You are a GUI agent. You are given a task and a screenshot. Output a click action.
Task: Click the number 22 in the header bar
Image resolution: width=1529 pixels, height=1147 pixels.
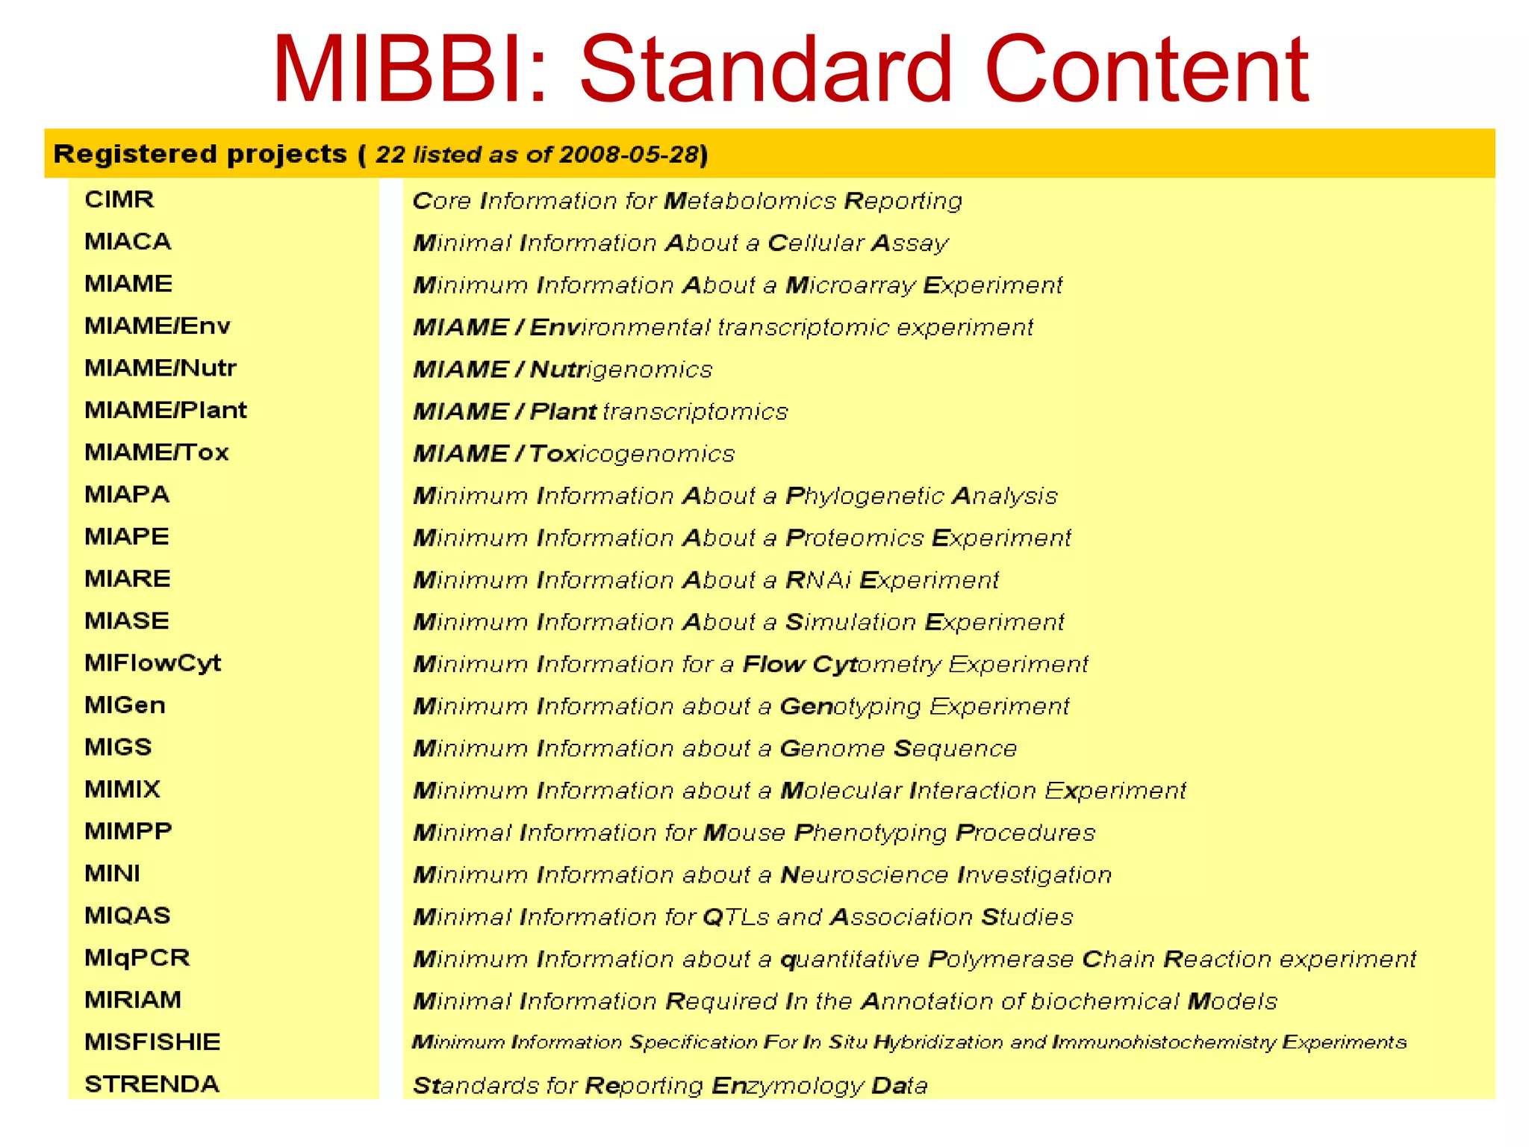pyautogui.click(x=390, y=155)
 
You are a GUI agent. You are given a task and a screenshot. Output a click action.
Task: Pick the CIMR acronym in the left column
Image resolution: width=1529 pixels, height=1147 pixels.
pyautogui.click(x=119, y=199)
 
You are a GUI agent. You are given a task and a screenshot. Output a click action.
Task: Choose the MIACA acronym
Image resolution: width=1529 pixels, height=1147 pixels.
pyautogui.click(x=128, y=241)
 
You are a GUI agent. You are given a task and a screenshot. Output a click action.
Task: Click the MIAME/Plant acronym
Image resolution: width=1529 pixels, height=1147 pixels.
pyautogui.click(x=165, y=410)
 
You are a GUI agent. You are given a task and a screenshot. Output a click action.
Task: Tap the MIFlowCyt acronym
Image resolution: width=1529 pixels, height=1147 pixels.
pyautogui.click(x=152, y=663)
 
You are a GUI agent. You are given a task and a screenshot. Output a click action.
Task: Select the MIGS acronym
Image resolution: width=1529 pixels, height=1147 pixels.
pyautogui.click(x=118, y=747)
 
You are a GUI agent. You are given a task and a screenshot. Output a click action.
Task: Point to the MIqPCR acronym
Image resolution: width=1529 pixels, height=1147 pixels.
pyautogui.click(x=137, y=957)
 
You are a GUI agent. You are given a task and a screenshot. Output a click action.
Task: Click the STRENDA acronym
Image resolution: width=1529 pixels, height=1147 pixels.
pyautogui.click(x=152, y=1084)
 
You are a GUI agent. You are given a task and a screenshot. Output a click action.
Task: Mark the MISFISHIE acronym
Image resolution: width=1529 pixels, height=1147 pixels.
pyautogui.click(x=152, y=1042)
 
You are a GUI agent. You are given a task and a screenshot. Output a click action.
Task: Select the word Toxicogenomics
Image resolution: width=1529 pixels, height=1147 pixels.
pyautogui.click(x=632, y=454)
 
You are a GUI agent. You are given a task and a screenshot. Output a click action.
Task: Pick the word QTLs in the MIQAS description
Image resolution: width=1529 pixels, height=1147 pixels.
pyautogui.click(x=735, y=917)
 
